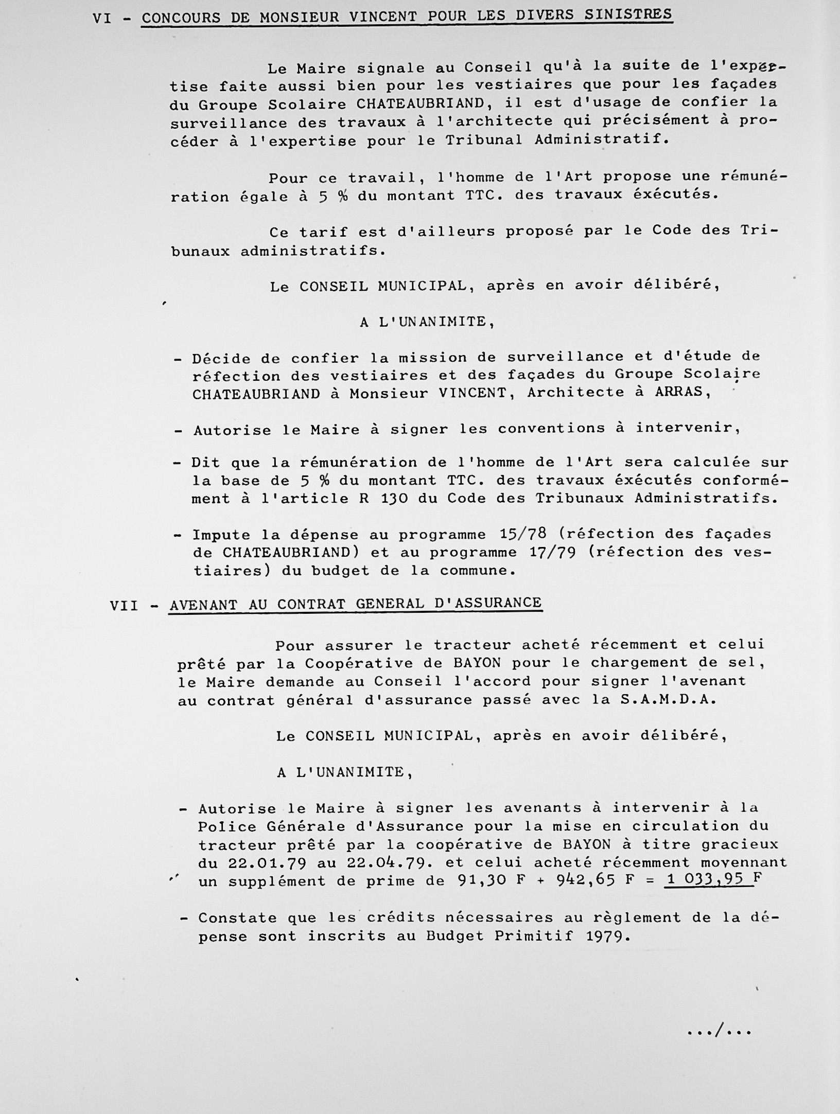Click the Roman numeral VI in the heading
pyautogui.click(x=102, y=19)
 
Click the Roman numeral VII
pyautogui.click(x=124, y=606)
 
